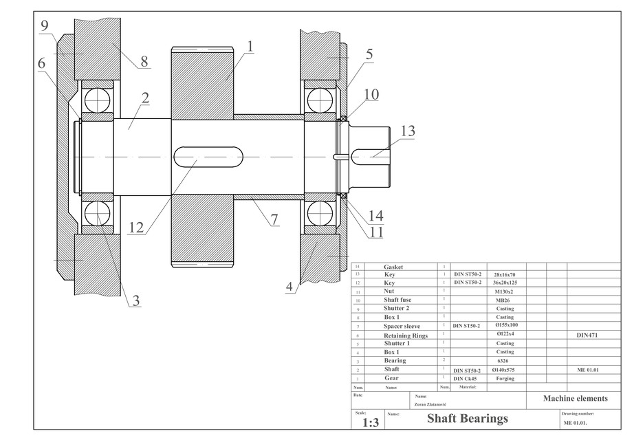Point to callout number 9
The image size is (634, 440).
[x=44, y=26]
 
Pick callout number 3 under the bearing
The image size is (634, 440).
[x=135, y=300]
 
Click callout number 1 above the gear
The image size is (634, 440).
[x=250, y=47]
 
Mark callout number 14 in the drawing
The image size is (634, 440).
[x=375, y=215]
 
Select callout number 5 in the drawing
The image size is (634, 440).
[x=369, y=54]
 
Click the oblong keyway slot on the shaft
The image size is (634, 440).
[x=208, y=157]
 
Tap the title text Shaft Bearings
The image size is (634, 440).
[x=468, y=418]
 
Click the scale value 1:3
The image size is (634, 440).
[x=371, y=421]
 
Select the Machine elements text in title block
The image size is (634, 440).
[x=575, y=398]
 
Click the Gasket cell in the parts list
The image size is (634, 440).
[x=394, y=267]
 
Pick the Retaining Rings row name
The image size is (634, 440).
[x=406, y=335]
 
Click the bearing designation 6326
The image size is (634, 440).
[x=504, y=360]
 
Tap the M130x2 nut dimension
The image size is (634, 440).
[x=504, y=291]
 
